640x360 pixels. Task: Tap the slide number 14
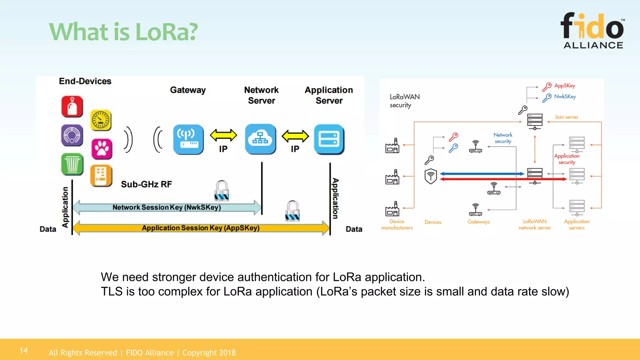[x=24, y=351]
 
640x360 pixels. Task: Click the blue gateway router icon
[x=188, y=139]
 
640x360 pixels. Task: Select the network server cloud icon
[x=260, y=139]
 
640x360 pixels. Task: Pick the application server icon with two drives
[x=329, y=139]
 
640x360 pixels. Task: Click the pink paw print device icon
[x=102, y=149]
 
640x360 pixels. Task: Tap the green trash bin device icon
[x=72, y=164]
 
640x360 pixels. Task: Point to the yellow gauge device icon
[x=101, y=120]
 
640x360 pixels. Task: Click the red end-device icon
[x=72, y=107]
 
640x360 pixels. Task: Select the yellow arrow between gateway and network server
[x=223, y=135]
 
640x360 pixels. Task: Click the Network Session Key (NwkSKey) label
[x=167, y=207]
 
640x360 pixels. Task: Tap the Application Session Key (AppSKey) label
[x=201, y=228]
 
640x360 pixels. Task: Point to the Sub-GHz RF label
[x=146, y=184]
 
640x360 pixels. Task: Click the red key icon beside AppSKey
[x=547, y=87]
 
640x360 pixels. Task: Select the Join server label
[x=566, y=117]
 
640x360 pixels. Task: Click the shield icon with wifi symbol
[x=431, y=176]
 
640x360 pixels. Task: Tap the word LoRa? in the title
[x=167, y=32]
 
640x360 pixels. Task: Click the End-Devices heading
[x=85, y=81]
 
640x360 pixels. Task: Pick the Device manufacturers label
[x=397, y=224]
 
